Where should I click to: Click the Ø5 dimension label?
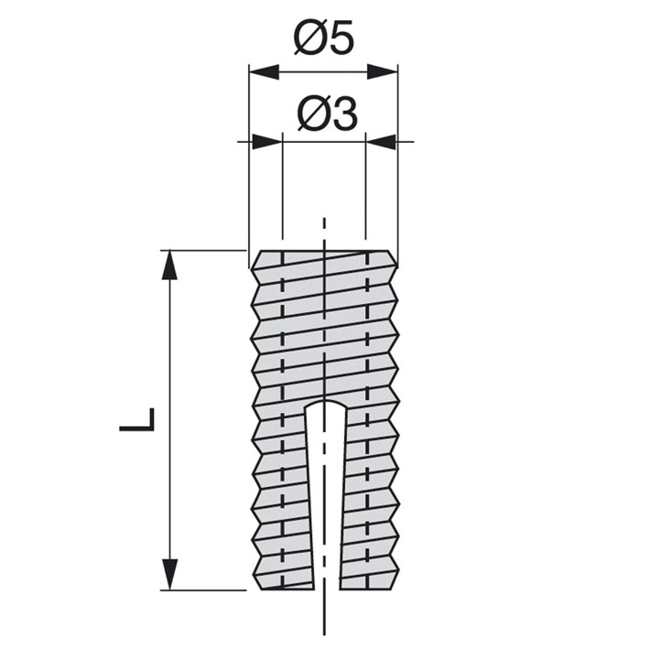point(324,38)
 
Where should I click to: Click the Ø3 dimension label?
point(327,114)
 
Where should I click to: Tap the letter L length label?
point(137,419)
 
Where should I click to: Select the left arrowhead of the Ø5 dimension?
point(264,71)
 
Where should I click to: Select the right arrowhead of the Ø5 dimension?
point(383,71)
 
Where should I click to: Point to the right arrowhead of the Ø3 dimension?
point(381,142)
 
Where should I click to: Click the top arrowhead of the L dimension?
point(169,265)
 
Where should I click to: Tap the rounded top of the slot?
point(325,403)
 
